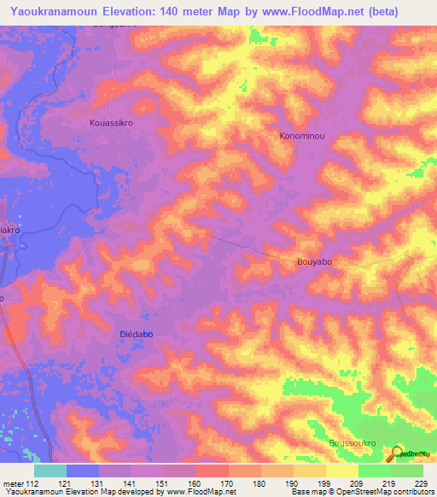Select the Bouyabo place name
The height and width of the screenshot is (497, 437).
click(x=314, y=262)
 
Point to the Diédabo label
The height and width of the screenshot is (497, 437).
click(x=136, y=335)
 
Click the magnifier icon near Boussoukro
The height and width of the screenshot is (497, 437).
click(x=395, y=455)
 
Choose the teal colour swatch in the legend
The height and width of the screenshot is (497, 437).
click(x=50, y=471)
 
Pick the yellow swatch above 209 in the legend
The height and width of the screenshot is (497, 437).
click(x=341, y=471)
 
